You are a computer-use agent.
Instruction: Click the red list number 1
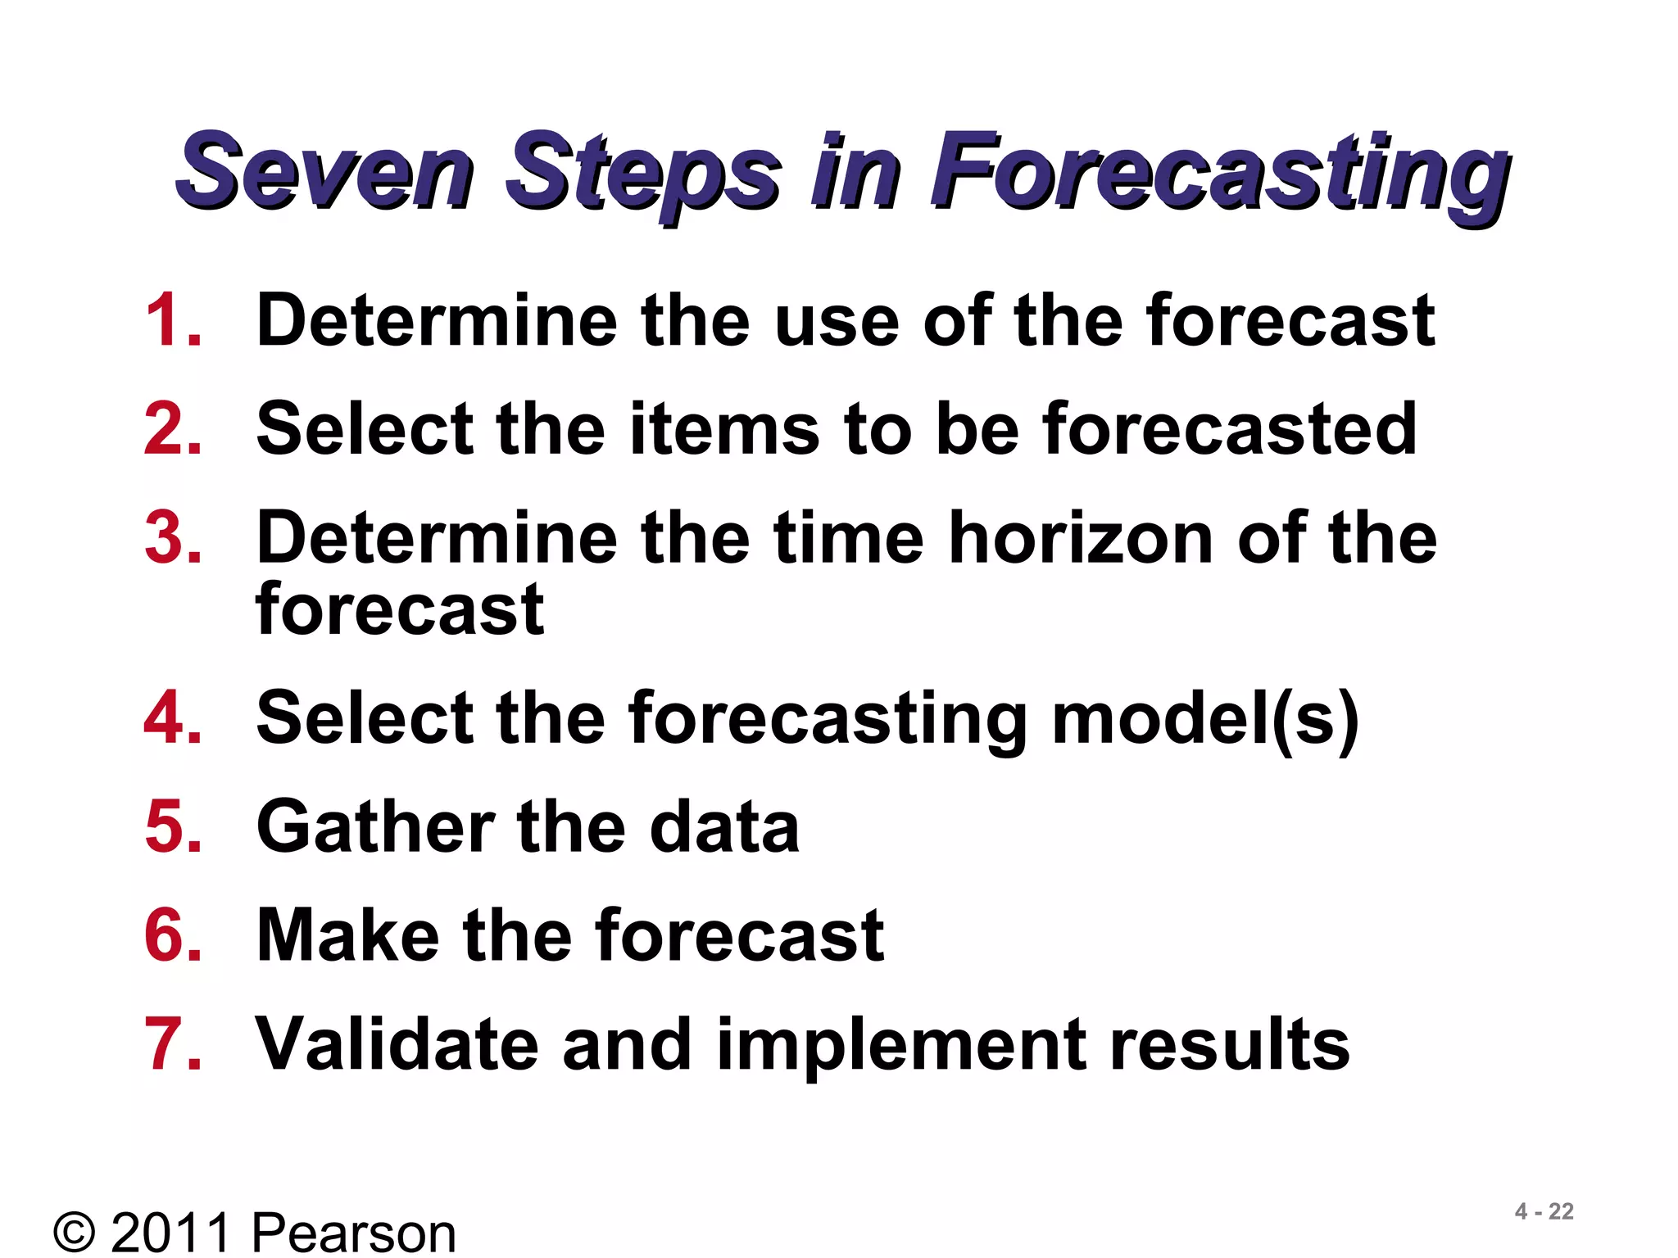tap(173, 320)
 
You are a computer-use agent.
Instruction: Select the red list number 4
tap(173, 717)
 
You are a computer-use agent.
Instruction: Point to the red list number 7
tap(173, 1043)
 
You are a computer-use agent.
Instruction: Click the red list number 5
tap(173, 826)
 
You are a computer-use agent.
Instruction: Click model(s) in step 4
tap(1204, 719)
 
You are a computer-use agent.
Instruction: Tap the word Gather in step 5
tap(376, 827)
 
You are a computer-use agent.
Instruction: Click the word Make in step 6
tap(347, 935)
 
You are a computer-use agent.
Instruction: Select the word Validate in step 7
tap(397, 1044)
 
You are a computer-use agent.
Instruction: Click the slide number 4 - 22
tap(1544, 1211)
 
